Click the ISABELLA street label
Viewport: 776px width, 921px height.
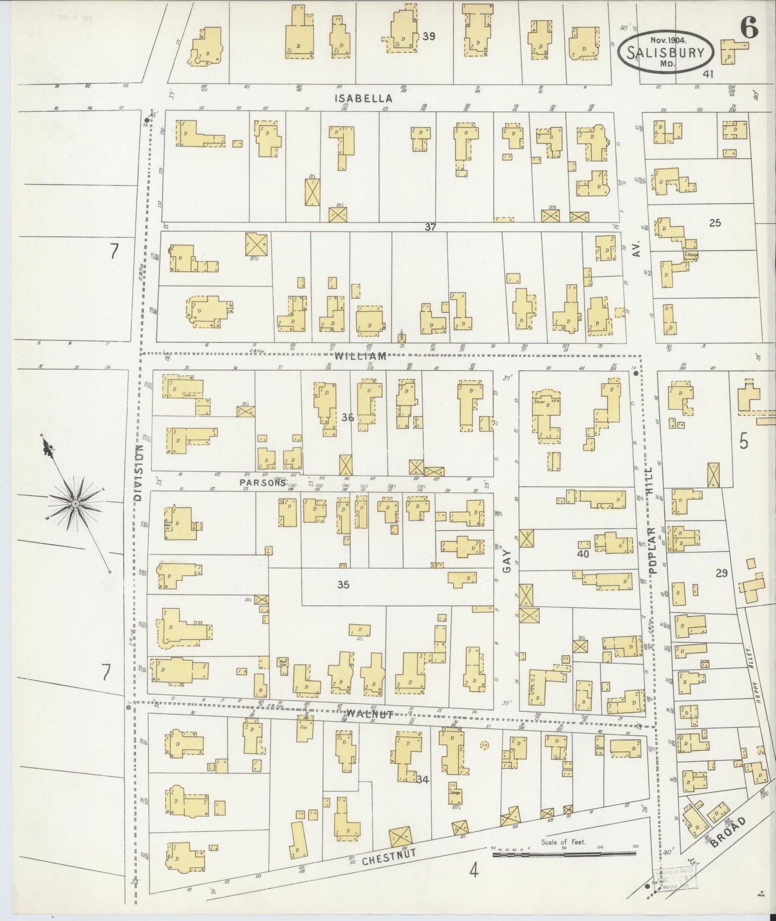[x=364, y=98]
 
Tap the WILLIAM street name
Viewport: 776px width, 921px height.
[x=360, y=356]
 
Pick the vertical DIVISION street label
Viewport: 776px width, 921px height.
[x=139, y=473]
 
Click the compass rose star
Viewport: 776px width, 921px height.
[x=76, y=502]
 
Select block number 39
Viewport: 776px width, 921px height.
[x=429, y=37]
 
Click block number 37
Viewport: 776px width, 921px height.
[x=430, y=227]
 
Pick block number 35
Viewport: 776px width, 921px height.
[x=343, y=585]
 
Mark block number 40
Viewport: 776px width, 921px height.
[x=583, y=553]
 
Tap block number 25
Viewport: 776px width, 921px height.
[x=714, y=222]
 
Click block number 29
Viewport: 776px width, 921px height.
[x=721, y=573]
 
